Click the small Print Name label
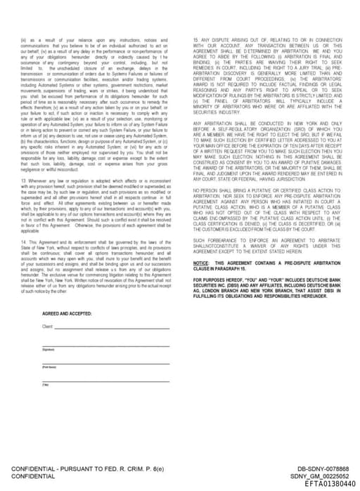(x=49, y=367)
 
